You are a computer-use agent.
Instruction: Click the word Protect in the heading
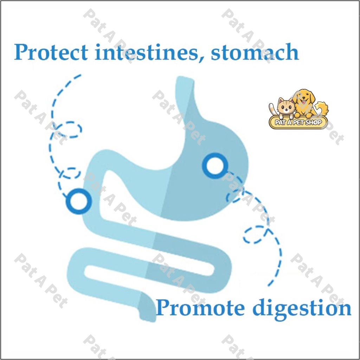click(x=51, y=53)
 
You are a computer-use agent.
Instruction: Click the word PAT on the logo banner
click(x=280, y=123)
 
